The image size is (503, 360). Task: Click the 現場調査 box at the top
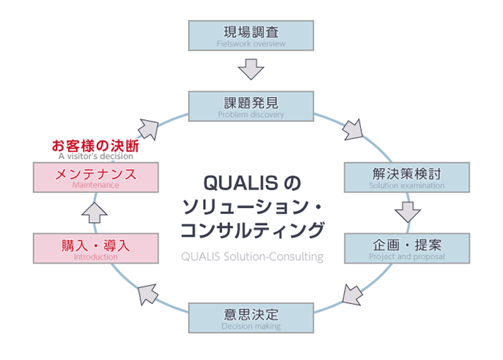tap(251, 35)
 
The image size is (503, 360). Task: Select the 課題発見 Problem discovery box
tap(251, 106)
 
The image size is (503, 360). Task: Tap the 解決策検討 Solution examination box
tap(407, 177)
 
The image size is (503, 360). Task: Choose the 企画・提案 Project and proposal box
tap(407, 248)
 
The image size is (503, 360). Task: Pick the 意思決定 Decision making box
tap(251, 318)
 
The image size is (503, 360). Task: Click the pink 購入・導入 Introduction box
tap(96, 248)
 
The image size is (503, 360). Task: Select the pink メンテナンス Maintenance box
tap(96, 177)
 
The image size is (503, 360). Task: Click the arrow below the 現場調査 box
tap(251, 69)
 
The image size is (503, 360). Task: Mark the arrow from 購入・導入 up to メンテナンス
tap(95, 212)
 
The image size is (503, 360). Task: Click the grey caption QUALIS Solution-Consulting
tap(251, 257)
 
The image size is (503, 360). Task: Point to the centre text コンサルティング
tap(251, 230)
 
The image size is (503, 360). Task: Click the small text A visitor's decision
tap(96, 156)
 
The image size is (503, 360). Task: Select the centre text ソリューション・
tap(251, 206)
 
